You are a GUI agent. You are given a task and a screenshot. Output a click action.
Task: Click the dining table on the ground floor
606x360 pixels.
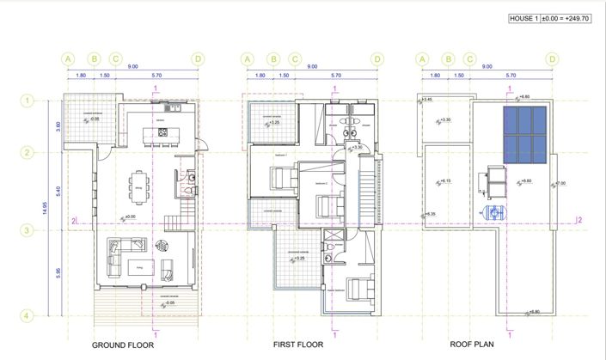[x=138, y=183]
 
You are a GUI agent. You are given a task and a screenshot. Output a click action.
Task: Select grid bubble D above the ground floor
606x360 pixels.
[x=199, y=58]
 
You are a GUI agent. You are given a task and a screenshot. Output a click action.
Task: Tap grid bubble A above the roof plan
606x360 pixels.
[x=421, y=58]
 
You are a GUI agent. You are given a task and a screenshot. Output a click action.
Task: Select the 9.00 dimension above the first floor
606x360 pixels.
[x=312, y=67]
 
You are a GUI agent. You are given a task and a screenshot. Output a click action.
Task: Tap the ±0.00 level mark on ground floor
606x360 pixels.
[x=130, y=217]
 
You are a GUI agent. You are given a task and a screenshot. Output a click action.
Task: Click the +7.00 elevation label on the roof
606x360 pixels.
[x=560, y=184]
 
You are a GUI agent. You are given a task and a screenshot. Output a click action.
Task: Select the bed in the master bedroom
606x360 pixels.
[x=353, y=290]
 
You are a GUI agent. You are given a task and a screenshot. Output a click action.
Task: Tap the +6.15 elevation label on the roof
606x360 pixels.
[x=444, y=181]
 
